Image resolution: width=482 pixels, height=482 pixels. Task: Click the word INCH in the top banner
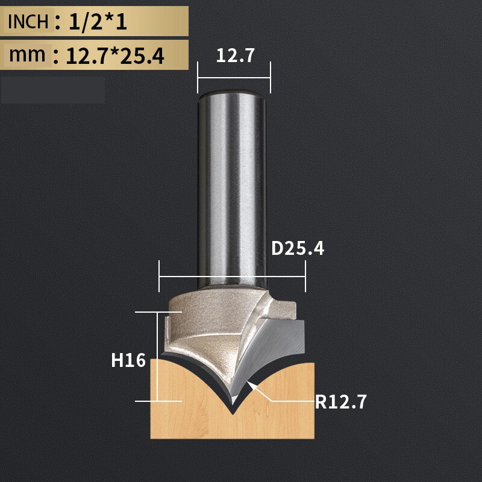coord(28,22)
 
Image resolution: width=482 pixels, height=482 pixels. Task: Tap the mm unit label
coord(27,55)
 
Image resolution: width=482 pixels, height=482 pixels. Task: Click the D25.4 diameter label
coord(297,248)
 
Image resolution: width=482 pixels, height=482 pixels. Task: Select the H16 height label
coord(128,360)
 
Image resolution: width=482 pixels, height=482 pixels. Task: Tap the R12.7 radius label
coord(340,401)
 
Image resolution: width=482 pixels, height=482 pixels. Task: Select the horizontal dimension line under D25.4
coord(232,277)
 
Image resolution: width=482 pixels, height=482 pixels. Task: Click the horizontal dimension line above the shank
coord(234,77)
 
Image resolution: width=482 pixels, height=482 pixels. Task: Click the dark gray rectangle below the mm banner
coord(53,90)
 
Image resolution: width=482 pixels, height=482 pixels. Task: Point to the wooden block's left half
coord(181,410)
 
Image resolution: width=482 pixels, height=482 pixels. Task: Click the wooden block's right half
coord(283,410)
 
